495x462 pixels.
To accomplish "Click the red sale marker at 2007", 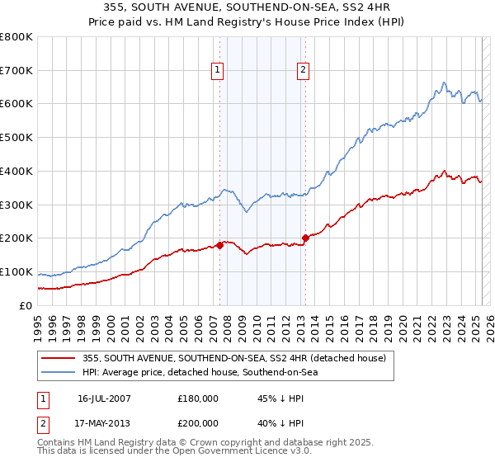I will [x=220, y=245].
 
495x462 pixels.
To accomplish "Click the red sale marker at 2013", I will [x=305, y=238].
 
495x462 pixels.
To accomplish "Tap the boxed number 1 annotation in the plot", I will [x=217, y=71].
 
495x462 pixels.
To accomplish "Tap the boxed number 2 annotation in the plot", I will [x=303, y=71].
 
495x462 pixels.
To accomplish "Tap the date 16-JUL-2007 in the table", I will [x=104, y=398].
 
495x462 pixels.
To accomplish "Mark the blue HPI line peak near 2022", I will [x=444, y=82].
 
